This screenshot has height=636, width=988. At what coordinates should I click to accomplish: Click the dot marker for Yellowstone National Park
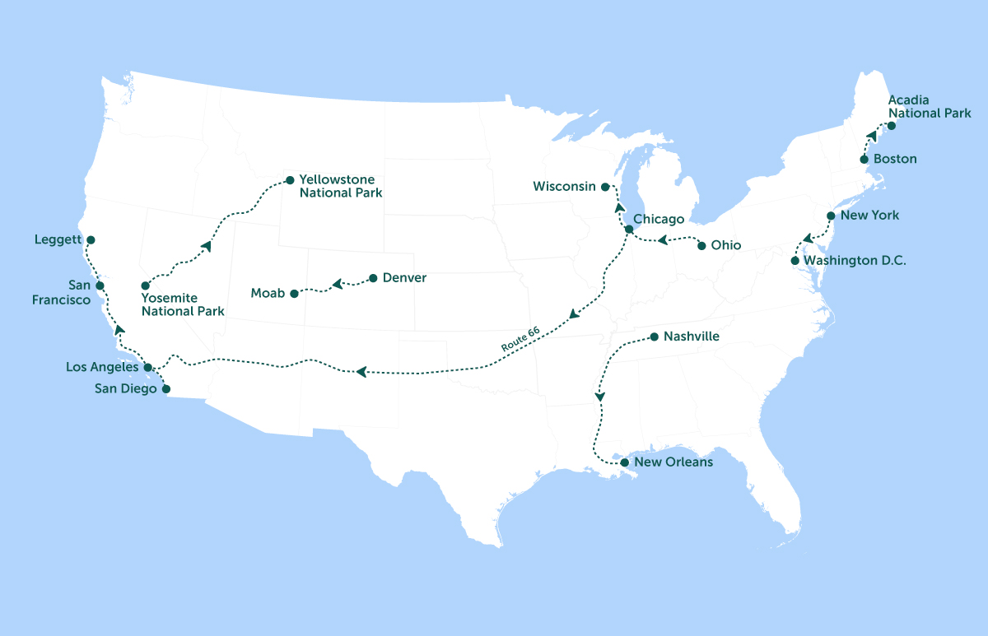click(289, 179)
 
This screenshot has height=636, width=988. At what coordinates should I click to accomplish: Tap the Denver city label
click(404, 278)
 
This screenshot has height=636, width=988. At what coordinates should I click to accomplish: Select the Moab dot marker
click(295, 293)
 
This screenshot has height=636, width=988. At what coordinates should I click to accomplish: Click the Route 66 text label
click(520, 338)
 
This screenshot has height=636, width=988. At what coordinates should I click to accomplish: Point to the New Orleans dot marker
click(623, 462)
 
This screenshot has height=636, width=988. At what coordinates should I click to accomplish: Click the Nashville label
click(692, 337)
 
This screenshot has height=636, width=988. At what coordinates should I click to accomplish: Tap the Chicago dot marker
click(629, 229)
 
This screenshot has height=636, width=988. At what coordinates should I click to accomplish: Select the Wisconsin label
click(564, 187)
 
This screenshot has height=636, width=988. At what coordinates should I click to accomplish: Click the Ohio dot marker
click(701, 245)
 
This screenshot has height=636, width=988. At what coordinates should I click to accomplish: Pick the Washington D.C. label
click(855, 261)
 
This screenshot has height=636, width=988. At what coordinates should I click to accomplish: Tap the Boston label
click(895, 159)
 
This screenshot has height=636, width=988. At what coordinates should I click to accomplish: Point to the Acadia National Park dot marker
click(891, 126)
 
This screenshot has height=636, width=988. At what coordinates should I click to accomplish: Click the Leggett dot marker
click(91, 240)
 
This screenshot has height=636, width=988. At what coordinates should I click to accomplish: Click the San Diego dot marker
click(165, 388)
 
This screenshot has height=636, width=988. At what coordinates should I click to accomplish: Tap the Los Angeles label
click(103, 367)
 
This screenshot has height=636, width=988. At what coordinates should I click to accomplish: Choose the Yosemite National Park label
click(183, 305)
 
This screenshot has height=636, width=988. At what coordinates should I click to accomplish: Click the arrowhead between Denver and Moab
click(336, 286)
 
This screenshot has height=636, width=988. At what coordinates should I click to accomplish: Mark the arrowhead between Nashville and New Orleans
click(600, 397)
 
